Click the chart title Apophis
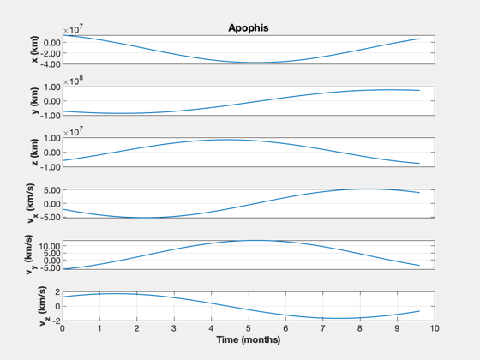click(x=249, y=27)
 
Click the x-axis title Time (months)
click(x=249, y=339)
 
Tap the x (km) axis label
click(x=35, y=50)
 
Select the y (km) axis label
click(x=35, y=101)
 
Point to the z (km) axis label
click(x=35, y=153)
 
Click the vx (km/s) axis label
click(x=32, y=203)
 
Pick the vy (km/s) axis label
click(x=30, y=255)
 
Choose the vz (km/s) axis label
click(x=43, y=306)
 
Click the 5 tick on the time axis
click(x=249, y=329)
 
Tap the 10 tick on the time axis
click(x=434, y=329)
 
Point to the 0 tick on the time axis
click(x=63, y=329)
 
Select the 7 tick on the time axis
click(x=322, y=329)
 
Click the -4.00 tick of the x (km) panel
click(x=51, y=64)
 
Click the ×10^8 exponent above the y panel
click(x=73, y=81)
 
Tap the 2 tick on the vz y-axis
click(x=57, y=292)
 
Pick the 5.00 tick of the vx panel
click(x=52, y=190)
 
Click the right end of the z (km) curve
click(x=419, y=164)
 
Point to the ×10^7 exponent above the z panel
click(x=73, y=132)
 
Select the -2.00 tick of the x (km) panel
click(x=51, y=53)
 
